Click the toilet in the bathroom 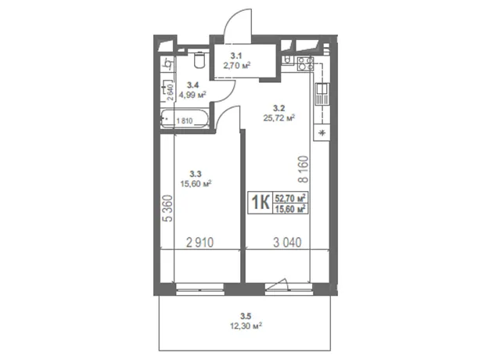(x=199, y=59)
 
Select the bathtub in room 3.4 (x=185, y=118)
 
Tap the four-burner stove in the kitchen (x=305, y=64)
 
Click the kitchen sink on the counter (x=322, y=94)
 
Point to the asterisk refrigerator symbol (x=322, y=133)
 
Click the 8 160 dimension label (x=304, y=169)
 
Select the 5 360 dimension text (x=167, y=208)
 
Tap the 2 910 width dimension (x=199, y=243)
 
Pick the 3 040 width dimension (x=287, y=243)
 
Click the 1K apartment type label (x=260, y=203)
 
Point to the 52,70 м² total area (x=290, y=197)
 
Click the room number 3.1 (x=236, y=56)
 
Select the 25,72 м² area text (x=278, y=117)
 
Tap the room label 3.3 (x=196, y=174)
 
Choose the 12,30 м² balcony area (x=246, y=326)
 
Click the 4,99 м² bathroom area (x=192, y=95)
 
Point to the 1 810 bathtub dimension (x=185, y=121)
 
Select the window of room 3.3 (x=199, y=290)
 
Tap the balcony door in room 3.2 (x=289, y=288)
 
